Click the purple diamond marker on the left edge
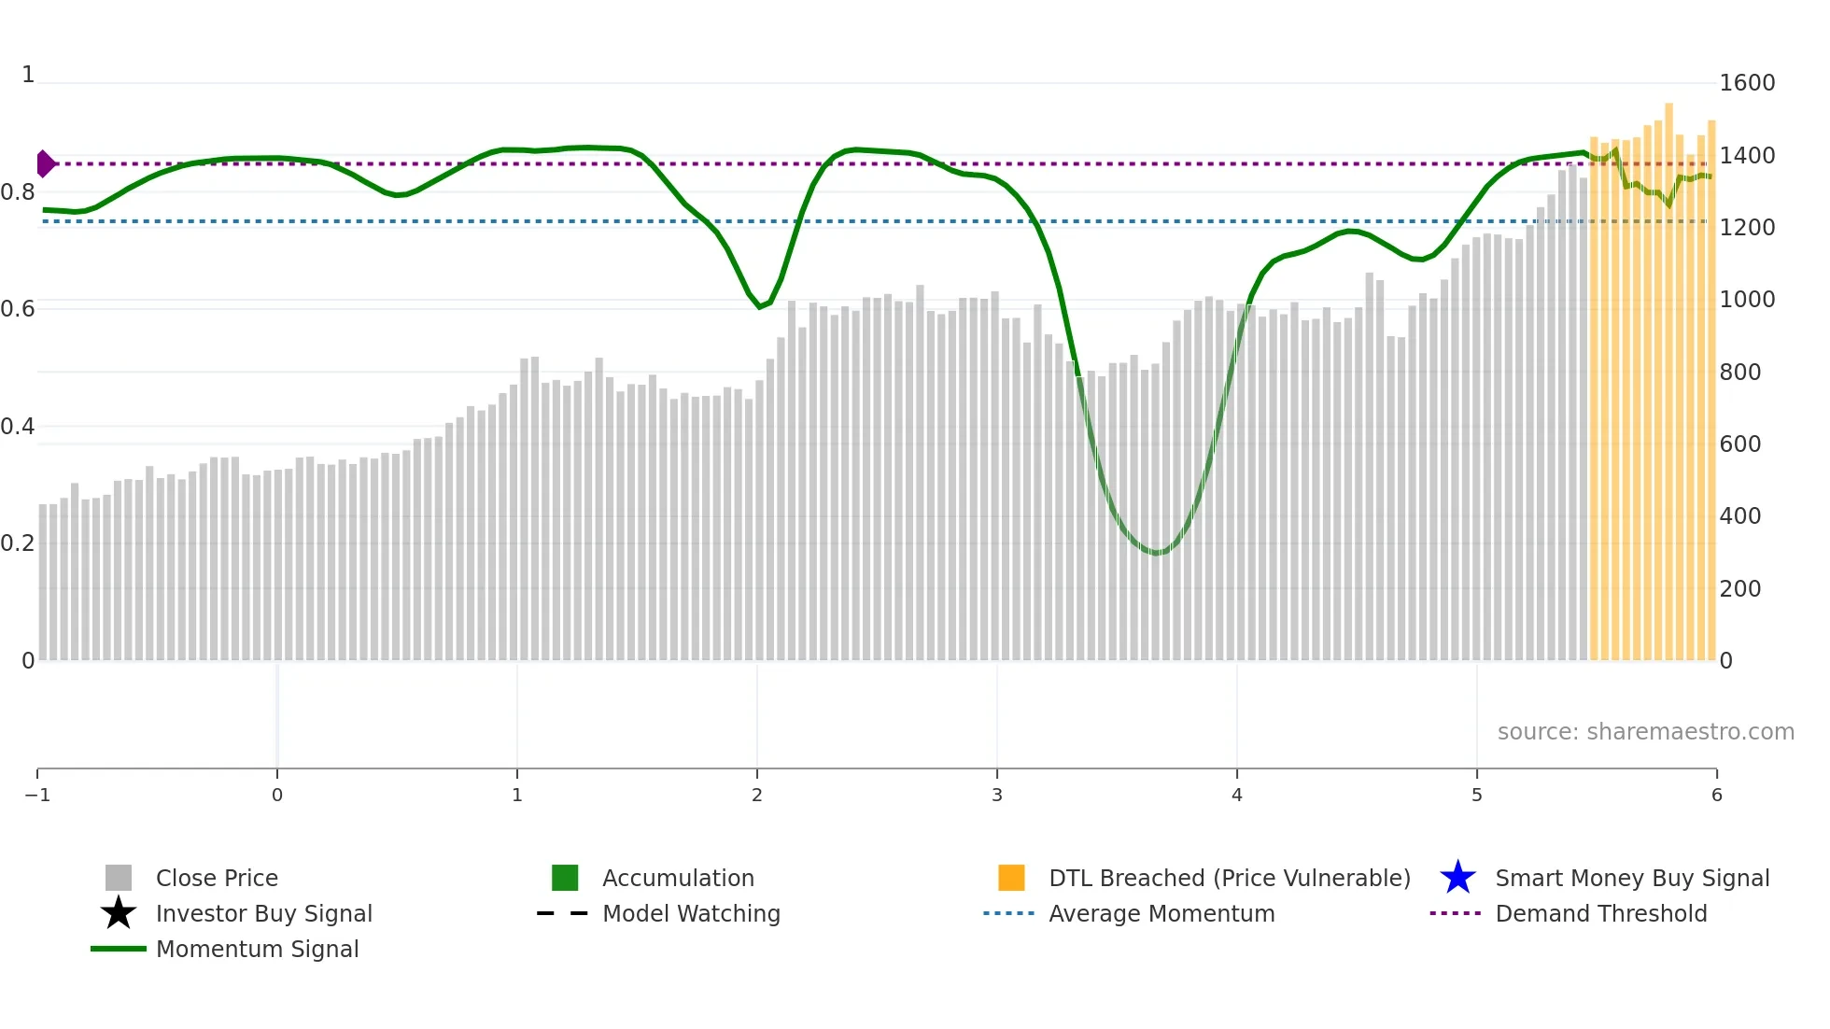[x=45, y=163]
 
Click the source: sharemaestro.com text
[x=1645, y=732]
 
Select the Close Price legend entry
[x=217, y=879]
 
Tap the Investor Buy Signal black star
[x=119, y=913]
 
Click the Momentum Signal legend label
[x=257, y=950]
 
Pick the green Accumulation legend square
[x=565, y=878]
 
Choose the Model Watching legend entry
[x=691, y=914]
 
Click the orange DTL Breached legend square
[x=1011, y=878]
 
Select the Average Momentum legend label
[x=1161, y=914]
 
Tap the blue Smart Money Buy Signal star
[x=1457, y=878]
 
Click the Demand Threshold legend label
[x=1600, y=914]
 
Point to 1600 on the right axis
[x=1747, y=83]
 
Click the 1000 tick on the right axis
[x=1747, y=300]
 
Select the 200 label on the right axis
[x=1740, y=589]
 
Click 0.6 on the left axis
[x=18, y=309]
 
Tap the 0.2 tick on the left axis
[x=18, y=543]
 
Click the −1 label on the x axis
[x=37, y=796]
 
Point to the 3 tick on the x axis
[x=997, y=796]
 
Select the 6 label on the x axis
[x=1716, y=796]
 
